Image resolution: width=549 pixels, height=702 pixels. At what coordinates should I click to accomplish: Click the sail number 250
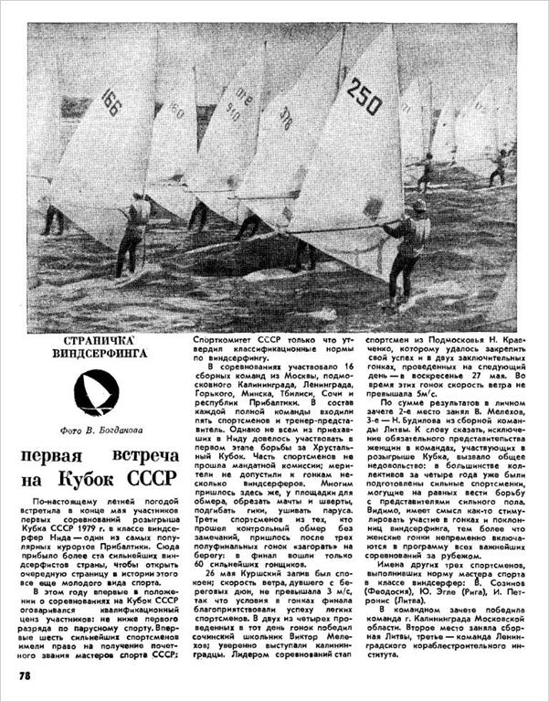coord(364,95)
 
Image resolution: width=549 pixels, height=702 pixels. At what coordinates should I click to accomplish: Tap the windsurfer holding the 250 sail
coord(403,247)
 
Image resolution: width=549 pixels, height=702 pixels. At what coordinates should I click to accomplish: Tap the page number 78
coord(27,675)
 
